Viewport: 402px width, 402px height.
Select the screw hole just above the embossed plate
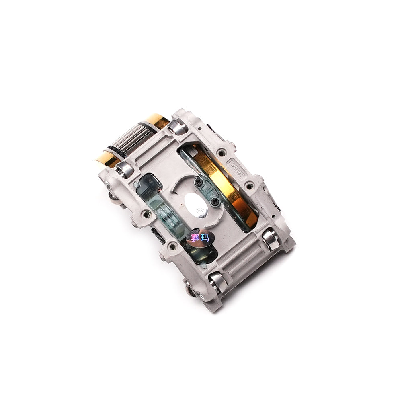[x=221, y=152]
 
